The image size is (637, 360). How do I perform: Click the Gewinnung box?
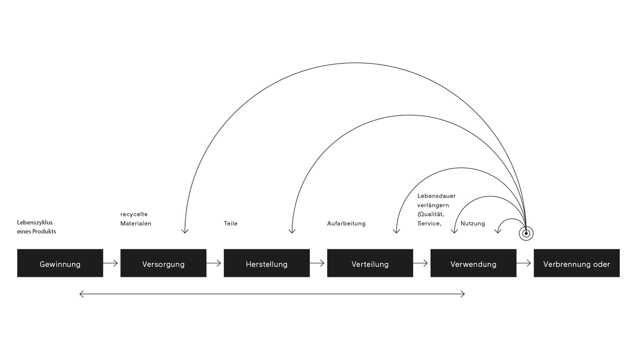60,263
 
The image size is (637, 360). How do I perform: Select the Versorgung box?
163,263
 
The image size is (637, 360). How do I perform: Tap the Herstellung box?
266,263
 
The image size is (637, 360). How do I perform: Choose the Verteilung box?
370,263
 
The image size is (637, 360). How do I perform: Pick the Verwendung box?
473,263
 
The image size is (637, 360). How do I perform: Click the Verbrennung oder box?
576,263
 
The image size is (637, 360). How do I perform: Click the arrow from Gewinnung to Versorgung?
111,263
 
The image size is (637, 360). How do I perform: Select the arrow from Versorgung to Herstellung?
214,263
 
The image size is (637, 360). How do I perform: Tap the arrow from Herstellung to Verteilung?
318,263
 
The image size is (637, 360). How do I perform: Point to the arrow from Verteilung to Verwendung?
421,263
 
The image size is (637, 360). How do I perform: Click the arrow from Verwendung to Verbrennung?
524,263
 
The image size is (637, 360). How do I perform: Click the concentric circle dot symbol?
526,234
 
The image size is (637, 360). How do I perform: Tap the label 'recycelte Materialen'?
136,219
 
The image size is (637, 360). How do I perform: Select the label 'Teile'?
231,224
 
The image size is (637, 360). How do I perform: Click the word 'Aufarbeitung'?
346,224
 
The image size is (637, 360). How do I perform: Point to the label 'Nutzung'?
473,224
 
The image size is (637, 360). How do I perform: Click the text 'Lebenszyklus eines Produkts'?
37,227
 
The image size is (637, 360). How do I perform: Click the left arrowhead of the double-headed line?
81,294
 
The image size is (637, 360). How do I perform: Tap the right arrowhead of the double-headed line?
463,294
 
